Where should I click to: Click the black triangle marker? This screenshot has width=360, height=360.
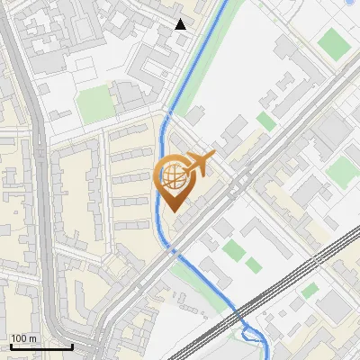pyautogui.click(x=181, y=24)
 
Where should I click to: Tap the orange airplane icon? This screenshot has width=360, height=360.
pyautogui.click(x=200, y=163)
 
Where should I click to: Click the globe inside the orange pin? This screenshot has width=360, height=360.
pyautogui.click(x=173, y=177)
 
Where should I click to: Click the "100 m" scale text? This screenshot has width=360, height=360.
pyautogui.click(x=24, y=338)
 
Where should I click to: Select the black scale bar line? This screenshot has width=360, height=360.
pyautogui.click(x=41, y=346)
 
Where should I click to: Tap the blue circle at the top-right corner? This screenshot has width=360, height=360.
pyautogui.click(x=350, y=3)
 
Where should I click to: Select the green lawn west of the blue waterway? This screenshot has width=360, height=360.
pyautogui.click(x=95, y=105)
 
